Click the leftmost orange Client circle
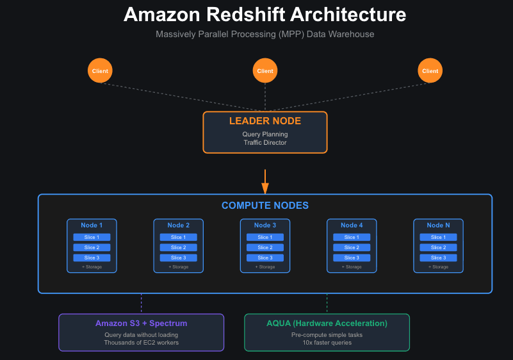(100, 71)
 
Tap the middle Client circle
(265, 71)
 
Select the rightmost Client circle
(430, 71)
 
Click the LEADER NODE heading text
(265, 121)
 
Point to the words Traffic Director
(265, 142)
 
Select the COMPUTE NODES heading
(265, 206)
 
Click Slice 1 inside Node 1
(92, 237)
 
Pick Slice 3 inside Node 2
(178, 258)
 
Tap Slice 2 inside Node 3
(265, 247)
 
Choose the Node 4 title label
(352, 225)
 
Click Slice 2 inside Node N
(438, 247)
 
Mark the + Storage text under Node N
(438, 266)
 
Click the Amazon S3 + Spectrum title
(141, 323)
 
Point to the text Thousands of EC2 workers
(141, 343)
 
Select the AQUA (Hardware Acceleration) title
(327, 323)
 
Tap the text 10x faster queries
(327, 343)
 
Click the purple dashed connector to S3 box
(142, 304)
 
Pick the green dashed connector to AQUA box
(327, 304)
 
